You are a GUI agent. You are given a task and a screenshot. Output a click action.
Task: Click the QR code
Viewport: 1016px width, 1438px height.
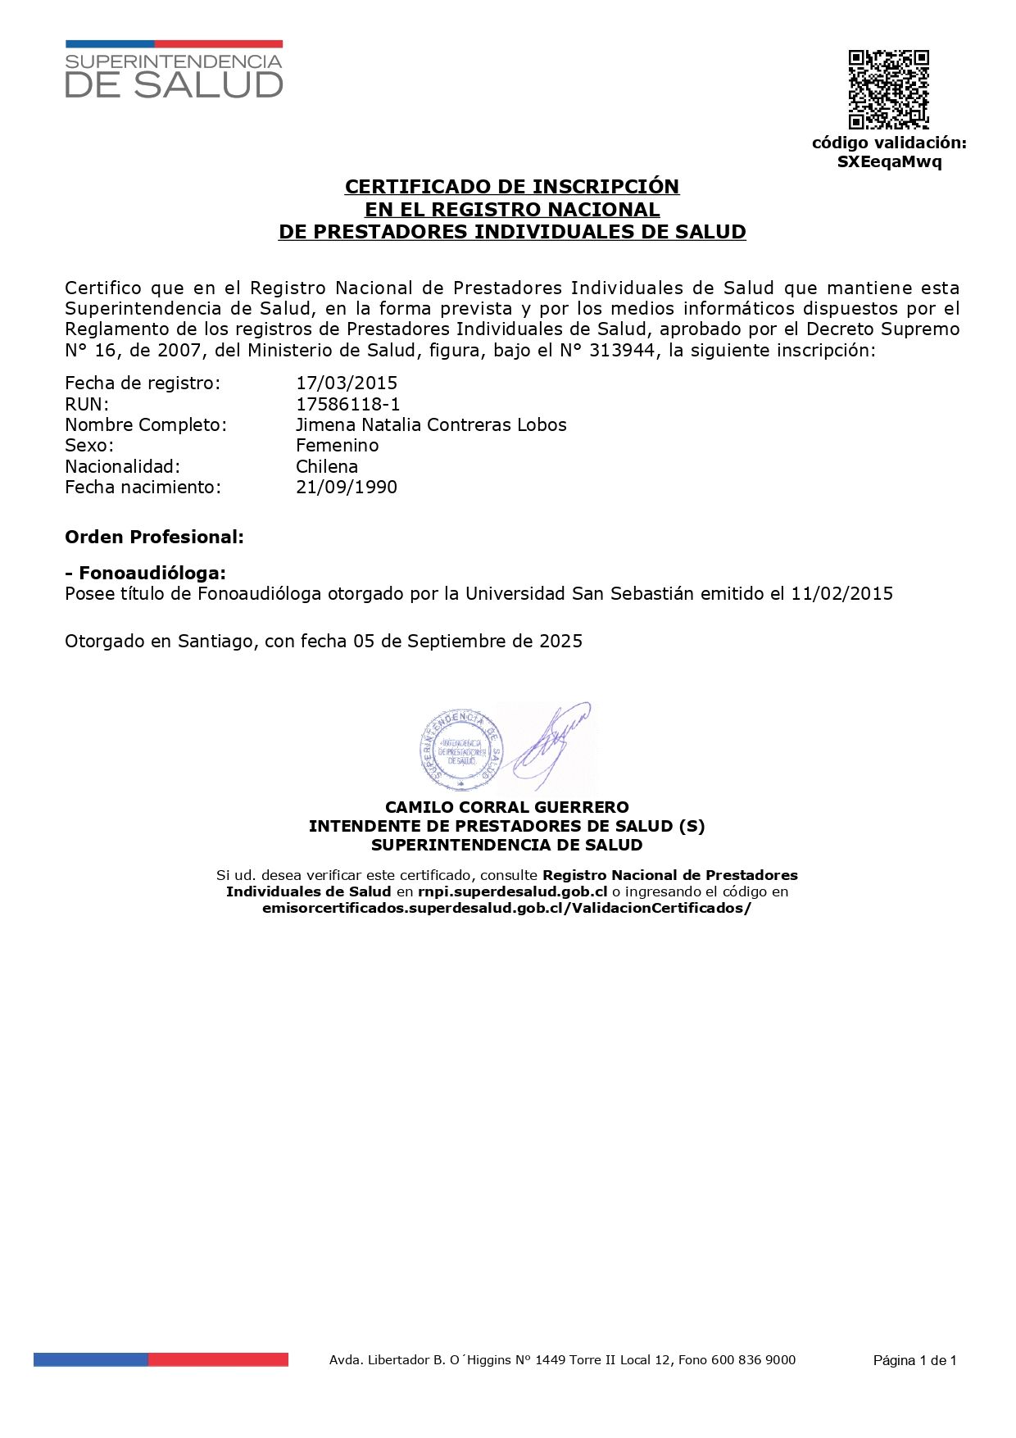(888, 89)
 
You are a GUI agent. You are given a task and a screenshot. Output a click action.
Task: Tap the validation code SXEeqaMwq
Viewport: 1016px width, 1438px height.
(889, 161)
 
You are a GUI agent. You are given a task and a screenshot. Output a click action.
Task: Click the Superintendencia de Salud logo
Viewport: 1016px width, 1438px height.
(174, 70)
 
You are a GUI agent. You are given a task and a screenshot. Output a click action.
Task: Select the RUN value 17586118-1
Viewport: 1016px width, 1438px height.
(347, 404)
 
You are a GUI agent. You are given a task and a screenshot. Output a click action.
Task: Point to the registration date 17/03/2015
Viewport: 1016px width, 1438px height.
(346, 383)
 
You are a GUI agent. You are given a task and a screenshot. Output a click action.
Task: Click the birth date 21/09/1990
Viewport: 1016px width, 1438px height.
(346, 487)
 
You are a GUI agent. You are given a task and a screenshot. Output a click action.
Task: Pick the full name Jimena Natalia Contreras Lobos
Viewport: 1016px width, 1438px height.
(431, 424)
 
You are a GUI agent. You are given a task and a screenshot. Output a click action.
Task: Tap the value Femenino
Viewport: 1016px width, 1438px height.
(337, 445)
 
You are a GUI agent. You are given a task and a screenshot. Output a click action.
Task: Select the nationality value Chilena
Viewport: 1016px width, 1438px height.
(326, 466)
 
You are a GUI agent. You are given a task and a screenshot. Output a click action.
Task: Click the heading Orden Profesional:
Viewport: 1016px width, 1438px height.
(154, 538)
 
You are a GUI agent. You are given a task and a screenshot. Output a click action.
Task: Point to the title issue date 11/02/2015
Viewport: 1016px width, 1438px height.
(841, 593)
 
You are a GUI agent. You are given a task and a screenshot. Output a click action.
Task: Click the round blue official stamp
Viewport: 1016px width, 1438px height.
(460, 746)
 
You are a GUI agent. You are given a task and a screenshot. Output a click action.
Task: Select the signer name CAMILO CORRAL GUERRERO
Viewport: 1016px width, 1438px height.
(507, 807)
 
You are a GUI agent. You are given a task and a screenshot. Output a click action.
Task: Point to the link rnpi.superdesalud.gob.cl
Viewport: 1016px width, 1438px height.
(512, 891)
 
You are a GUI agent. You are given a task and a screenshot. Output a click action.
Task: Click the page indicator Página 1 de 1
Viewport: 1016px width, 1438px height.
(914, 1360)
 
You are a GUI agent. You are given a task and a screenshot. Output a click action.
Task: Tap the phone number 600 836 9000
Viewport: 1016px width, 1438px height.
(753, 1360)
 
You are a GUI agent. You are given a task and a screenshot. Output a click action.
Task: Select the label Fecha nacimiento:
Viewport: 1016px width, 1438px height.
(143, 487)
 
